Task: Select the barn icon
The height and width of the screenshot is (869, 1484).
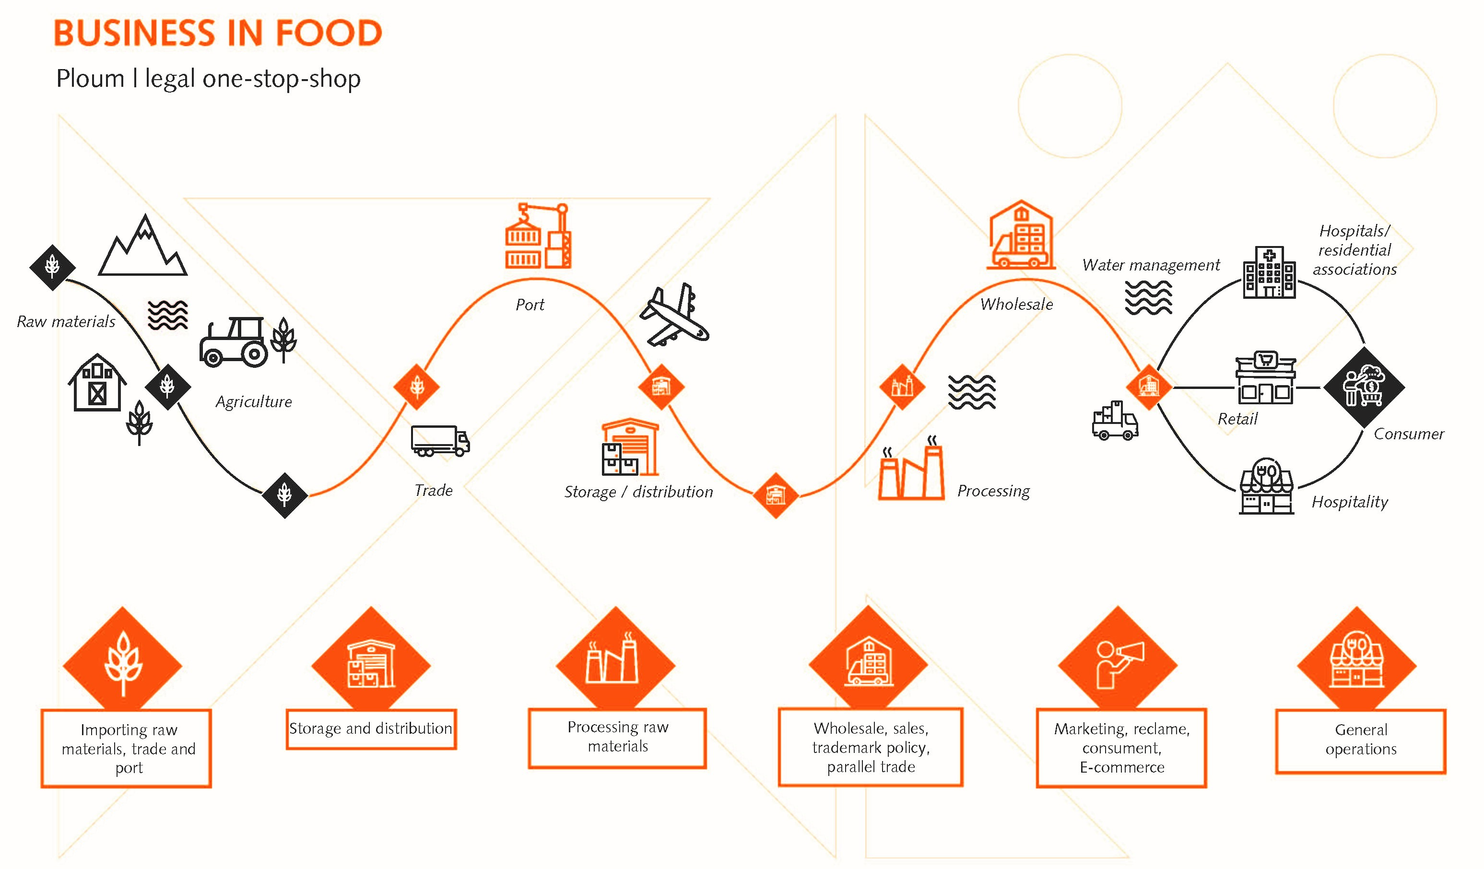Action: point(97,383)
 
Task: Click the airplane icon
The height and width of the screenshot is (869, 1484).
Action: point(674,315)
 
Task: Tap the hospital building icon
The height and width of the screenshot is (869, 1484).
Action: point(1269,272)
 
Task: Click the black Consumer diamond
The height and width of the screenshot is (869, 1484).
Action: point(1364,387)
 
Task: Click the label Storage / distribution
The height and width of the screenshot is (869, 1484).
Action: point(638,492)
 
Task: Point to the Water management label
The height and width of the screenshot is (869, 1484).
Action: point(1151,265)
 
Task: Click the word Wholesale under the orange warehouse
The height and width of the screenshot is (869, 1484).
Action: point(1016,305)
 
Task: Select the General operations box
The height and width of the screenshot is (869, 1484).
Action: point(1360,740)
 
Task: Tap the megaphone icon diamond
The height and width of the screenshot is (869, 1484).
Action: point(1117,665)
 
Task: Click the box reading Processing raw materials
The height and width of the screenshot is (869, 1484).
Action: point(617,737)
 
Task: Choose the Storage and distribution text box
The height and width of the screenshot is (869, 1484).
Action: point(371,729)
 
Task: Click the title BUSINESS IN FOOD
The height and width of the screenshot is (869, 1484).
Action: point(218,33)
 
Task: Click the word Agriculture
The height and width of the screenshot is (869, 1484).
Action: point(254,402)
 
